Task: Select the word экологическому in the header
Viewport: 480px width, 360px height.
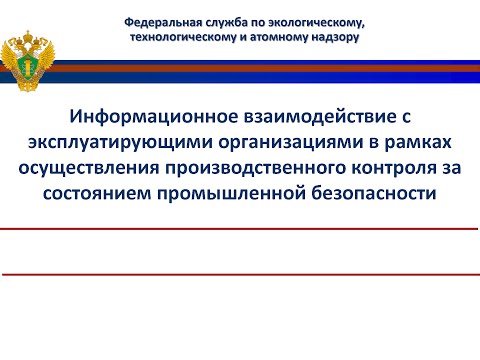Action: point(311,21)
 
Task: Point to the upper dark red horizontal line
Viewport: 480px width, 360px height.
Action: point(240,230)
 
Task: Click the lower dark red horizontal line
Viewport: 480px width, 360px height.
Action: point(240,274)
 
